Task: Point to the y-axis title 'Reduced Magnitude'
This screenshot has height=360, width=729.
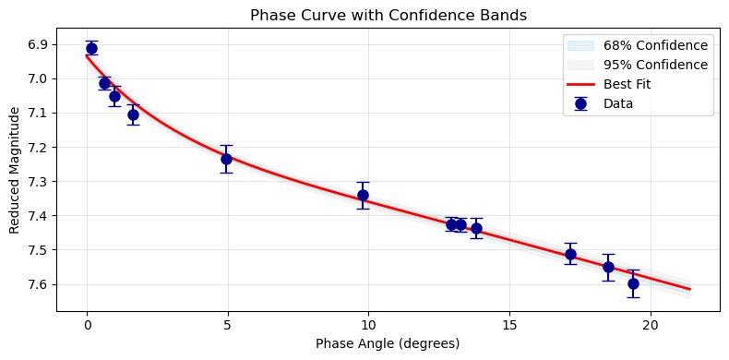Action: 15,170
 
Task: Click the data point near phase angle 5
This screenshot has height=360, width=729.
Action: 226,159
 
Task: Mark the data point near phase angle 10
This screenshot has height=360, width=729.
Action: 363,195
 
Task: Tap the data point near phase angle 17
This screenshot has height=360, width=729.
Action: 570,254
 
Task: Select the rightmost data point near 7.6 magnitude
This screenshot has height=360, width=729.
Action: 633,283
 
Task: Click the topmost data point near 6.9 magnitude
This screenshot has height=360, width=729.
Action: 91,48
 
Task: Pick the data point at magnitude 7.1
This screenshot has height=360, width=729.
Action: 133,114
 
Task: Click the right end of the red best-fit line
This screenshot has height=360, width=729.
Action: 689,289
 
